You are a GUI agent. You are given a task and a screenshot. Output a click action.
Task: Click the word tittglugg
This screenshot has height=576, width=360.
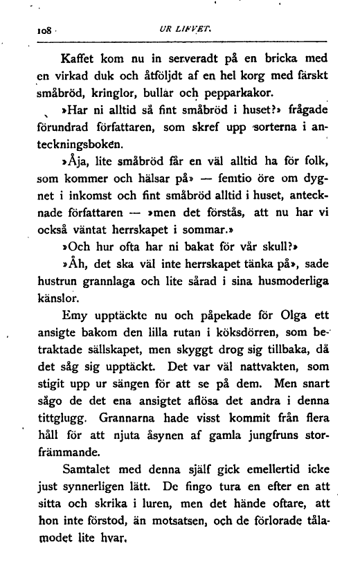(x=64, y=433)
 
